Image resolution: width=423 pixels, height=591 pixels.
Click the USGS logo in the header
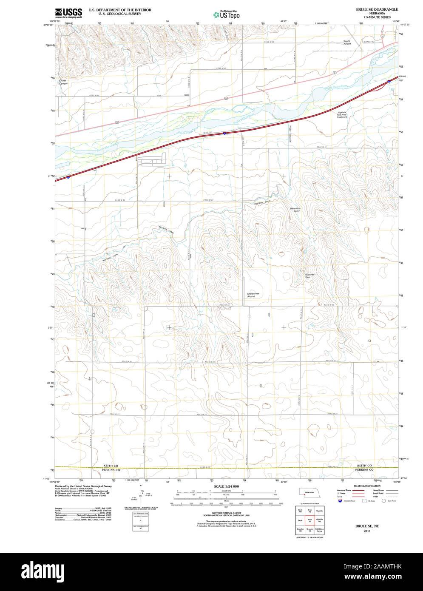tap(68, 13)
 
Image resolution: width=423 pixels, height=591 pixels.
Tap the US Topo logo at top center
tap(227, 15)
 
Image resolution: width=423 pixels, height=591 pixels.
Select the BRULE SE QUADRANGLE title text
tap(377, 9)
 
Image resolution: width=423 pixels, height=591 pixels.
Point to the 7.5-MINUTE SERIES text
tap(377, 17)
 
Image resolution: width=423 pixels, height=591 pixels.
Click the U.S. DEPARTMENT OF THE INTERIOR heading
tap(120, 9)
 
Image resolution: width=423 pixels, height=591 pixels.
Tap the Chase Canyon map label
tap(63, 82)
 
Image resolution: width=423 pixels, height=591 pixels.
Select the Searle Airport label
tap(347, 43)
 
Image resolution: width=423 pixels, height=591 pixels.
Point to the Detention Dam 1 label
tap(295, 210)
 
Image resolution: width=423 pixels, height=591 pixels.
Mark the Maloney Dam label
tap(310, 276)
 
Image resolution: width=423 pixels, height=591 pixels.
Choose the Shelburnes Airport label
tap(251, 295)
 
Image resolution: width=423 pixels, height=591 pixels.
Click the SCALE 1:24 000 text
tap(226, 486)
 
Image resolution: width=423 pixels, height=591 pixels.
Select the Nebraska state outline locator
tap(309, 492)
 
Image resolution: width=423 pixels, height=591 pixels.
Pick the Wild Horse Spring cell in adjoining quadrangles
tap(319, 530)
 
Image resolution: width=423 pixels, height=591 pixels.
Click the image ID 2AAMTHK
tap(387, 567)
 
